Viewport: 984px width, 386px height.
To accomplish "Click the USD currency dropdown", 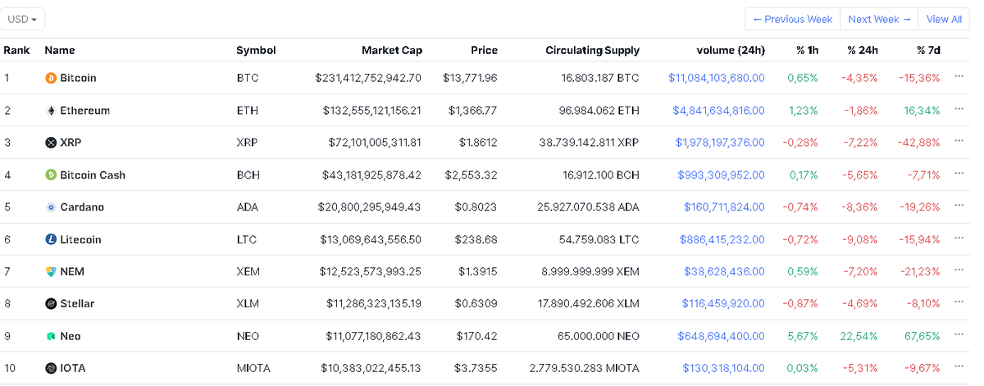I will (23, 19).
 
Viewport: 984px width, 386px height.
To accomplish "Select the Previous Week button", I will (792, 19).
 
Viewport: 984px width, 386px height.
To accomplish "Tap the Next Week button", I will (879, 19).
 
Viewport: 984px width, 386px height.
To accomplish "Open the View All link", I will (944, 19).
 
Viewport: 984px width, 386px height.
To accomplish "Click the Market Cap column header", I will (391, 50).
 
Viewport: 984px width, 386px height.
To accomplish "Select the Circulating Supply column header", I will (592, 50).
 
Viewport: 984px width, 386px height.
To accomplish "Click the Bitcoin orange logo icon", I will (51, 78).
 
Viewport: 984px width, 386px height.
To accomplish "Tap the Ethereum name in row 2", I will (84, 111).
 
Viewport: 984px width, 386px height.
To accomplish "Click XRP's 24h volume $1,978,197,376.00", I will (719, 143).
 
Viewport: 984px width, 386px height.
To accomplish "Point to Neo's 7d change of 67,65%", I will (922, 336).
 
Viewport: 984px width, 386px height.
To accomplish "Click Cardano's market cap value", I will (369, 207).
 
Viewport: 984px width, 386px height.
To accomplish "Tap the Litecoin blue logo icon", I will (51, 239).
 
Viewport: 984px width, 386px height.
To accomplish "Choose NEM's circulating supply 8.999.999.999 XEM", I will (590, 271).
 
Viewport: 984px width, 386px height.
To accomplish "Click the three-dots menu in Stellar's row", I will (959, 302).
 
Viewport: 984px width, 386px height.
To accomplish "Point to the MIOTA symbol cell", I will (253, 368).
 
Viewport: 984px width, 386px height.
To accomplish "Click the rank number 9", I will (7, 336).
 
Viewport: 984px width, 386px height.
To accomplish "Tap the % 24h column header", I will (862, 50).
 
